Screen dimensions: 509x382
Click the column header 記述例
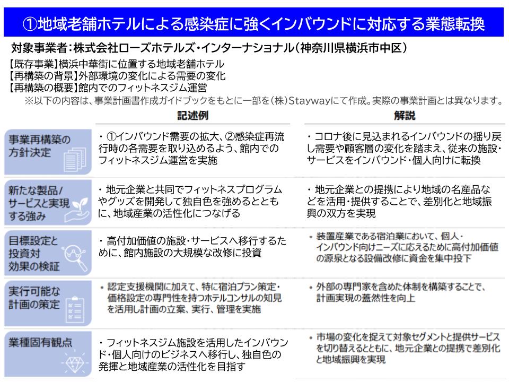click(x=193, y=115)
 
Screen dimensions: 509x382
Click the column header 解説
click(x=405, y=115)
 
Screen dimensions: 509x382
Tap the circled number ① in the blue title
click(x=30, y=24)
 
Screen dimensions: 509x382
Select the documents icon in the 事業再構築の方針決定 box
click(x=75, y=159)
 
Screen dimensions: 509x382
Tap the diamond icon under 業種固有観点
click(x=75, y=363)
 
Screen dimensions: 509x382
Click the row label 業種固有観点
click(x=40, y=342)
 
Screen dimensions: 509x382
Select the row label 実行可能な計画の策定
click(x=34, y=298)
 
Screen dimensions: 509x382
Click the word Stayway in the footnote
click(x=309, y=101)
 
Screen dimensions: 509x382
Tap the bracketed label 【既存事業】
click(x=32, y=64)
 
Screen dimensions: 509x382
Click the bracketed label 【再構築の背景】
click(x=42, y=76)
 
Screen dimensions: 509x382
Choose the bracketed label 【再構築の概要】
click(x=42, y=88)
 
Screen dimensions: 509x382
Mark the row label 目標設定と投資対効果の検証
click(x=34, y=254)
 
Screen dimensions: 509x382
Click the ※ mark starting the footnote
click(x=29, y=101)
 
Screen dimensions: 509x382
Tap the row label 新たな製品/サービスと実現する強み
click(x=39, y=203)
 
